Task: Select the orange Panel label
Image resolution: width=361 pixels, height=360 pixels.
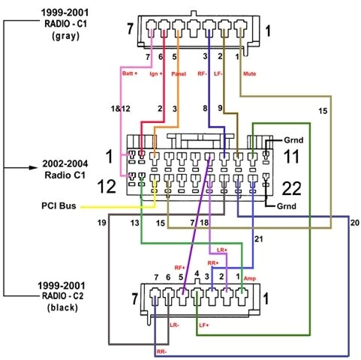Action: point(178,73)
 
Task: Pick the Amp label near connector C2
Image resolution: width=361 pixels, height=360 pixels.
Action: point(250,277)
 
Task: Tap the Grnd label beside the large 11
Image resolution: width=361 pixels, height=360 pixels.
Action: point(294,139)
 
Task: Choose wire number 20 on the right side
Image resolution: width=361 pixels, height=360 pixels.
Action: point(354,223)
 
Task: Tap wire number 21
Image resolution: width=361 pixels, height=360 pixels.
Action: point(259,238)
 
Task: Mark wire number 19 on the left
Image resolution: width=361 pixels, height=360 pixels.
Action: point(101,223)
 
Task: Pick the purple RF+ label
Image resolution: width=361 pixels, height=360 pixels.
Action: point(180,266)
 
